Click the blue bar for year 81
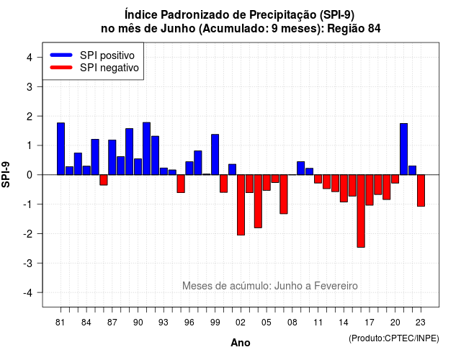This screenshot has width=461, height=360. point(61,149)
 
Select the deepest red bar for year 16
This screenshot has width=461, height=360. point(361,211)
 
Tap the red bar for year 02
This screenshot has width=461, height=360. point(241,204)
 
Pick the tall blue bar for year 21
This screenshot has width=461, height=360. point(403,149)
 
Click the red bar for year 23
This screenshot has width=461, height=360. point(421,190)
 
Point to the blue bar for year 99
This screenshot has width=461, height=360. point(215,155)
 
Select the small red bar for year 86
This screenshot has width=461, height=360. point(104,180)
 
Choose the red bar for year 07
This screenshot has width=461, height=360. point(284,194)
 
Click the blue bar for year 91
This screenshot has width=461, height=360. point(146,149)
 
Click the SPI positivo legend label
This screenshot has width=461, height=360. point(107,55)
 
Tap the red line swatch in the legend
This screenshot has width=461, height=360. point(61,68)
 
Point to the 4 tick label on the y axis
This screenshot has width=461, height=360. point(30,58)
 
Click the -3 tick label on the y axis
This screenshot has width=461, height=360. point(27,263)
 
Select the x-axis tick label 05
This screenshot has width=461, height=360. point(267,323)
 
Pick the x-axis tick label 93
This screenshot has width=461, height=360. point(164,323)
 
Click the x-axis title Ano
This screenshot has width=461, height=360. point(241,343)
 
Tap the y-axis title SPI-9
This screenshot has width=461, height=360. point(6,175)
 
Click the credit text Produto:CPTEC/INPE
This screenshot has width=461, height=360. point(394,338)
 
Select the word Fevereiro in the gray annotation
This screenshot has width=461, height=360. point(336,286)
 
